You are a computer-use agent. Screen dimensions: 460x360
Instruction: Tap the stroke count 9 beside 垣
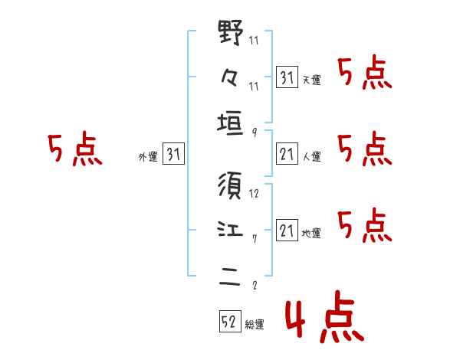254,133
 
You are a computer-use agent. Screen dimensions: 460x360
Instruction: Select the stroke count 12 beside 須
255,195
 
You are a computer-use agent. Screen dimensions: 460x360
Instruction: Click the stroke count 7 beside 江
254,240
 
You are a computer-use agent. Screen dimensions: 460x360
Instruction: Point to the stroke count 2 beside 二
254,286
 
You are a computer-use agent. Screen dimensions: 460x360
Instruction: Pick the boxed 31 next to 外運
173,155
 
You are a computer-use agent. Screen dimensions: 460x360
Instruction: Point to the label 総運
255,324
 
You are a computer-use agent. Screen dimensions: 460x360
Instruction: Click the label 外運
147,156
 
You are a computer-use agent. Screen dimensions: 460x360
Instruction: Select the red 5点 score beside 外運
74,150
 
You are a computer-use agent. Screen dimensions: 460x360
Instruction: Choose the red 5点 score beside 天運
364,74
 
